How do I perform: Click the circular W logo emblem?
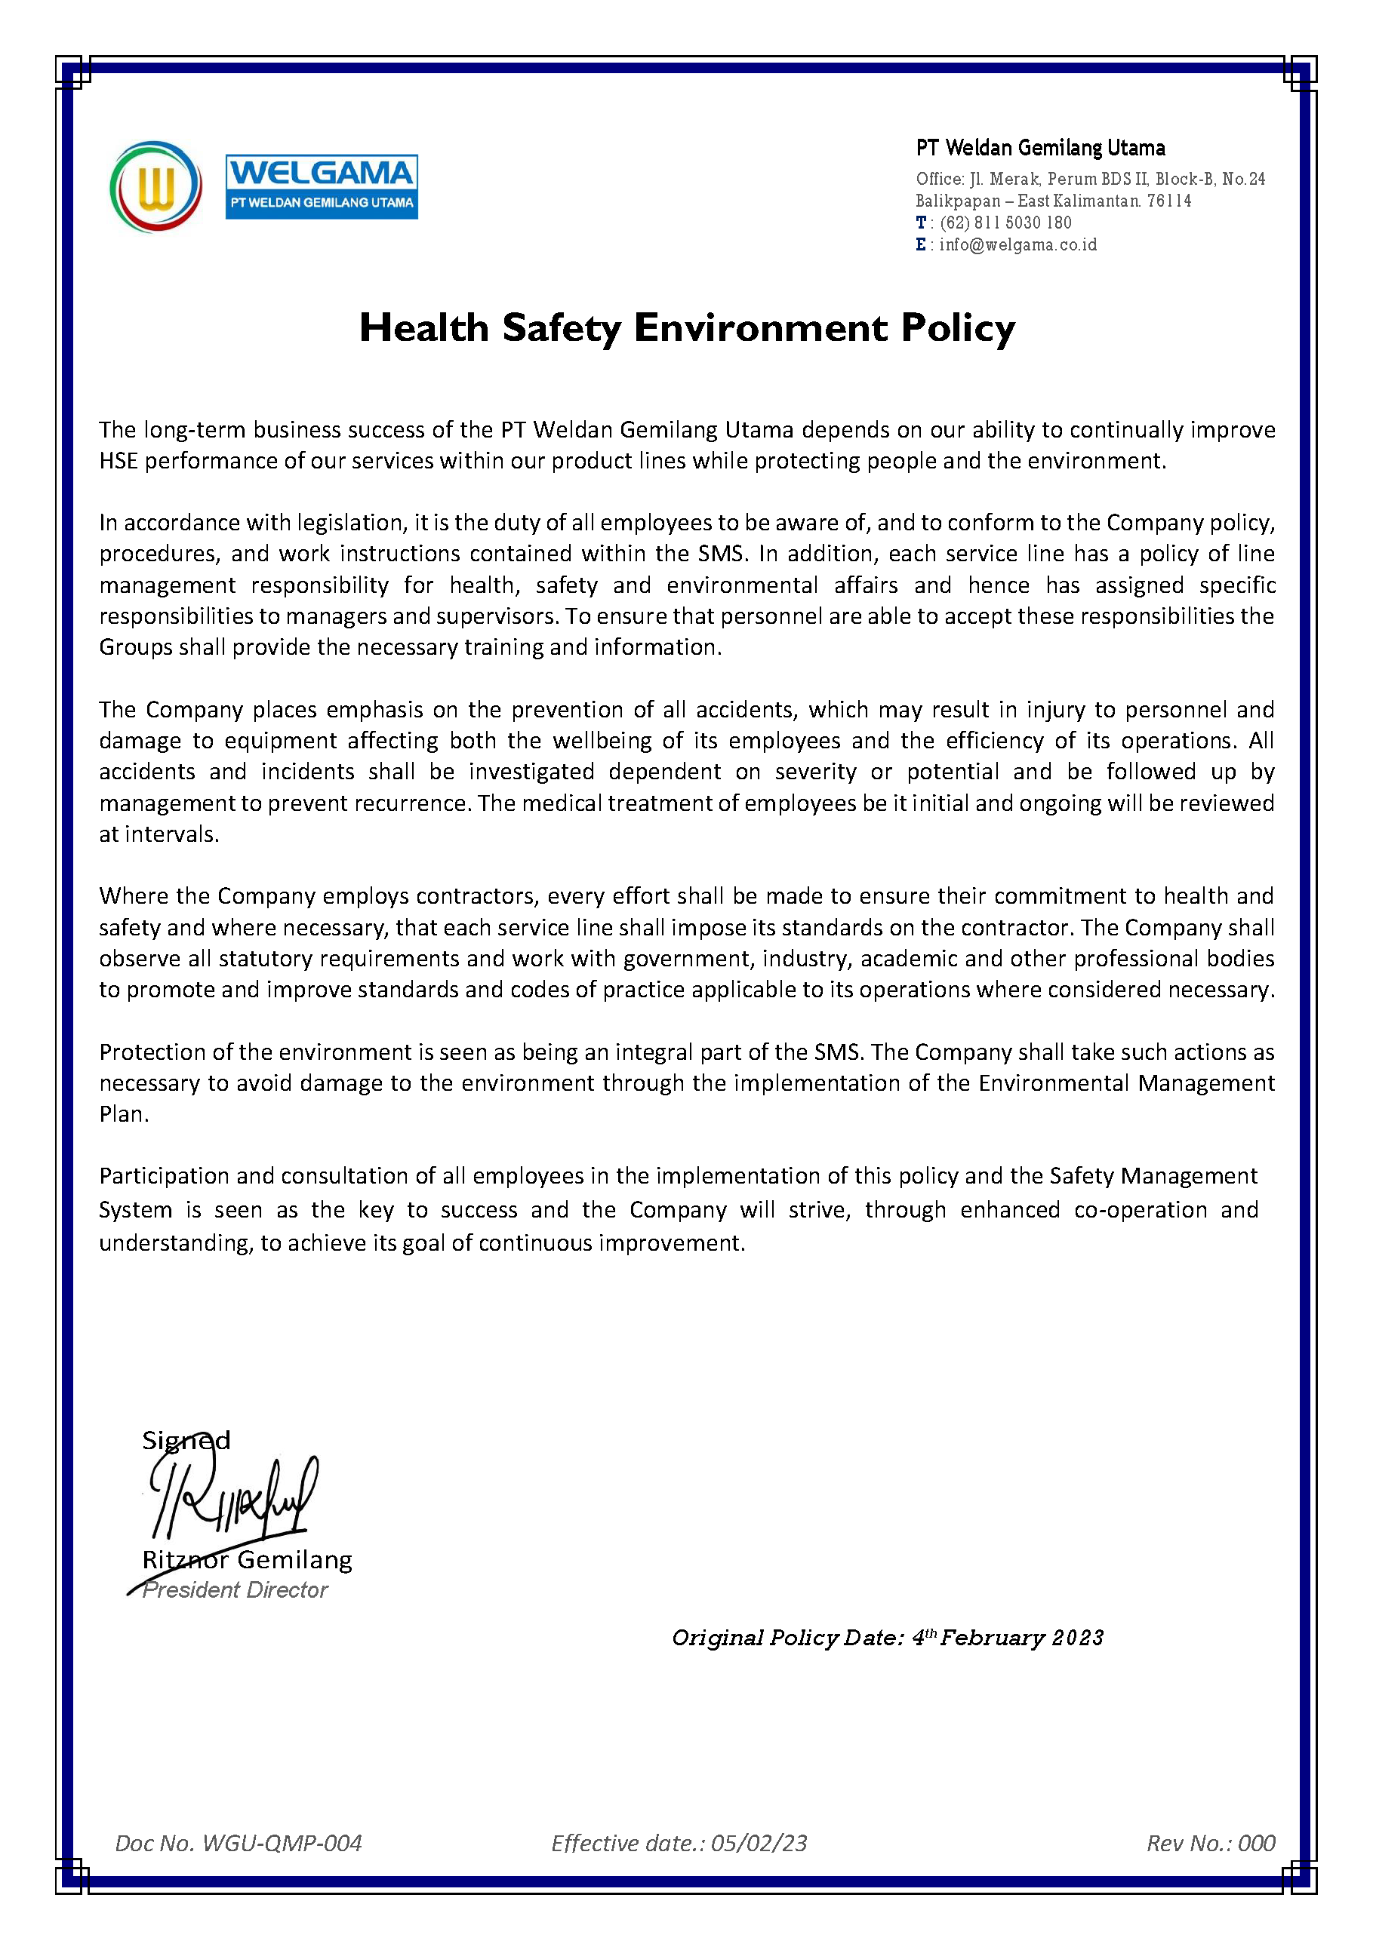(x=155, y=187)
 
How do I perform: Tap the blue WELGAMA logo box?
(x=321, y=187)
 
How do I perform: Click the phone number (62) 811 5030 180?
(x=1005, y=223)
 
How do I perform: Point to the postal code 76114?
(x=1169, y=201)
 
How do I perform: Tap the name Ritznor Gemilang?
(x=246, y=1559)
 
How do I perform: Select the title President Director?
(x=235, y=1590)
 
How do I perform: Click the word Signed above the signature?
(x=186, y=1440)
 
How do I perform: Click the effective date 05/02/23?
(x=759, y=1843)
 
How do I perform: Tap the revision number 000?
(x=1257, y=1843)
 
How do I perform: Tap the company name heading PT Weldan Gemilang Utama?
(x=1040, y=148)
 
